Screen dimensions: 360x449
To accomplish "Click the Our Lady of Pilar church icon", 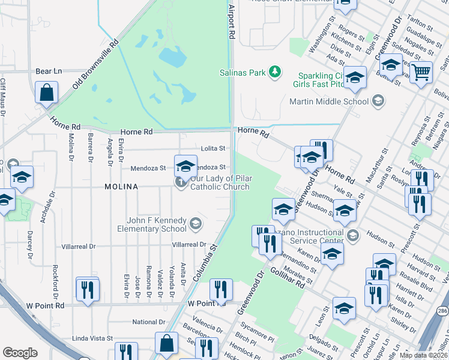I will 180,182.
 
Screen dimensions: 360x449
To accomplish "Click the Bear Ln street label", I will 49,71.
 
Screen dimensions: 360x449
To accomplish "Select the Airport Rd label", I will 230,24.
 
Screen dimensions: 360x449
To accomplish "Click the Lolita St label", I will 213,148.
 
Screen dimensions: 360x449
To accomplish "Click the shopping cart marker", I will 421,72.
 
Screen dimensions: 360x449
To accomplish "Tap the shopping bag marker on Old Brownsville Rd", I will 46,93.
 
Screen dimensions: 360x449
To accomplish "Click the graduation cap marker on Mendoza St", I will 185,166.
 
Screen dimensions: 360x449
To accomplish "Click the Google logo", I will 20,353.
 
